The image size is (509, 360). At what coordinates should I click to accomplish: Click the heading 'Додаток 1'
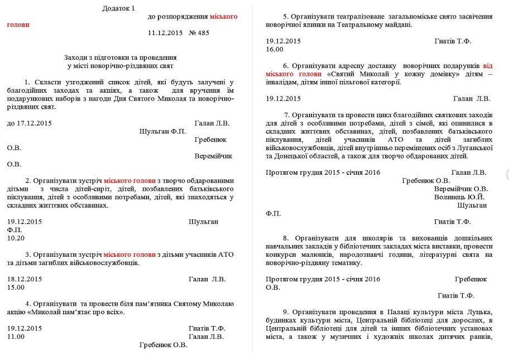(x=118, y=8)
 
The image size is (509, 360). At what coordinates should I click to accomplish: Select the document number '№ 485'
(x=199, y=33)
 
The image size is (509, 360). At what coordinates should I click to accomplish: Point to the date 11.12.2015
(x=166, y=33)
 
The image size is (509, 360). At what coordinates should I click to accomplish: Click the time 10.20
(x=16, y=238)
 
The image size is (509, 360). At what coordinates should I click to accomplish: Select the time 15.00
(x=16, y=287)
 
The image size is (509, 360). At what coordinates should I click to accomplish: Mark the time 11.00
(x=16, y=337)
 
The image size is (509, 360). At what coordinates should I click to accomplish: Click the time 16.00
(x=275, y=49)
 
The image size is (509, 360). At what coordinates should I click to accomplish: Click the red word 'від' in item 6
(x=487, y=65)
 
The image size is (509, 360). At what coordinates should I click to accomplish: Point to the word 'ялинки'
(x=311, y=25)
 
